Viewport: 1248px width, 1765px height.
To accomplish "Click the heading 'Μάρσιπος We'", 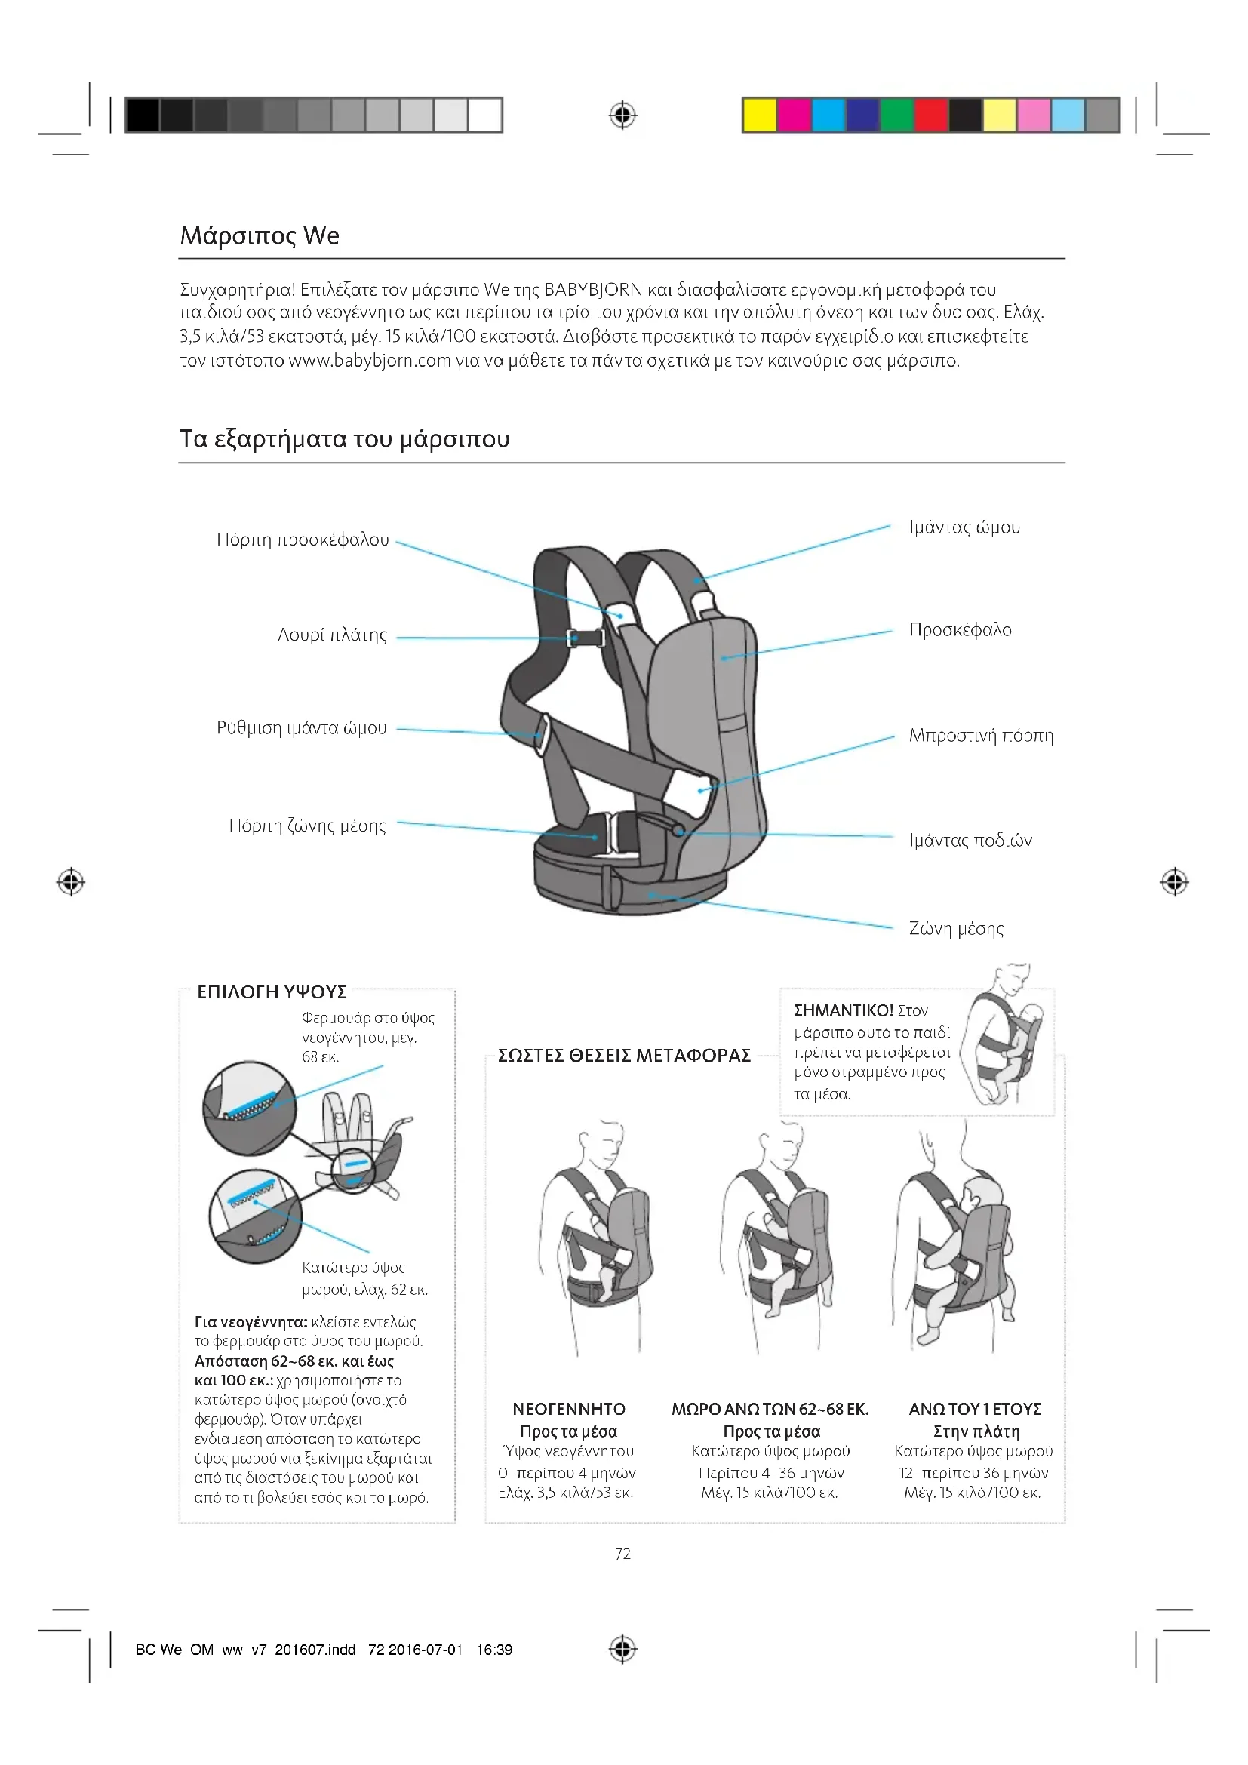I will click(x=259, y=235).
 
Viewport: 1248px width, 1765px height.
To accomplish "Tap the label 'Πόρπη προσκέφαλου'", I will click(x=303, y=540).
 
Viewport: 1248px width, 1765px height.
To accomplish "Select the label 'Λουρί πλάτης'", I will click(x=332, y=635).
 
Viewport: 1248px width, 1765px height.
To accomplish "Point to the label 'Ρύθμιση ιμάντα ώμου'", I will click(x=301, y=728).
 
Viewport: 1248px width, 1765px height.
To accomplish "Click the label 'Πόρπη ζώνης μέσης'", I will click(x=307, y=826).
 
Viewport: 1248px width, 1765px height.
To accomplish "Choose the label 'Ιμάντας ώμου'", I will click(x=964, y=527).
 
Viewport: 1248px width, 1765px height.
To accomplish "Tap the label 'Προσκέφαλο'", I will click(x=961, y=630).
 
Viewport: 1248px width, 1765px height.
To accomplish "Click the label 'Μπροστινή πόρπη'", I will click(x=982, y=736).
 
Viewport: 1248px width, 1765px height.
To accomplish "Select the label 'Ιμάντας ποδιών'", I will click(x=970, y=840).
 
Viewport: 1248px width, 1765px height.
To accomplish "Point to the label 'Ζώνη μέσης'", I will click(x=956, y=929).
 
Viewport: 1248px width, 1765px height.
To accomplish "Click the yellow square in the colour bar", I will click(x=759, y=115).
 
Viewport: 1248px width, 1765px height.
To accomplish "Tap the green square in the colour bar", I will click(x=896, y=115).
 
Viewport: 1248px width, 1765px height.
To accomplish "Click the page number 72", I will click(x=623, y=1554).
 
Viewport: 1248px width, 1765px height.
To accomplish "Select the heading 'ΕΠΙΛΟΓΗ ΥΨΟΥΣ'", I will click(x=272, y=992).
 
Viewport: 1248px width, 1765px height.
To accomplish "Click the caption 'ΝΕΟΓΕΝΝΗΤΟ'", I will click(x=569, y=1409).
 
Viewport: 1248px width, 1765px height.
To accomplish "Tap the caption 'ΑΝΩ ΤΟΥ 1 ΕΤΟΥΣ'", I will click(x=975, y=1409).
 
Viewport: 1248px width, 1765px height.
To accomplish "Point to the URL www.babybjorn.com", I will click(x=370, y=361).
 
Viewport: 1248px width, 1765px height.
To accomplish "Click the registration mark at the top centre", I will click(x=622, y=116).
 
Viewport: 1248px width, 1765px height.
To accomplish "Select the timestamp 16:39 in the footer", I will click(x=494, y=1650).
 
